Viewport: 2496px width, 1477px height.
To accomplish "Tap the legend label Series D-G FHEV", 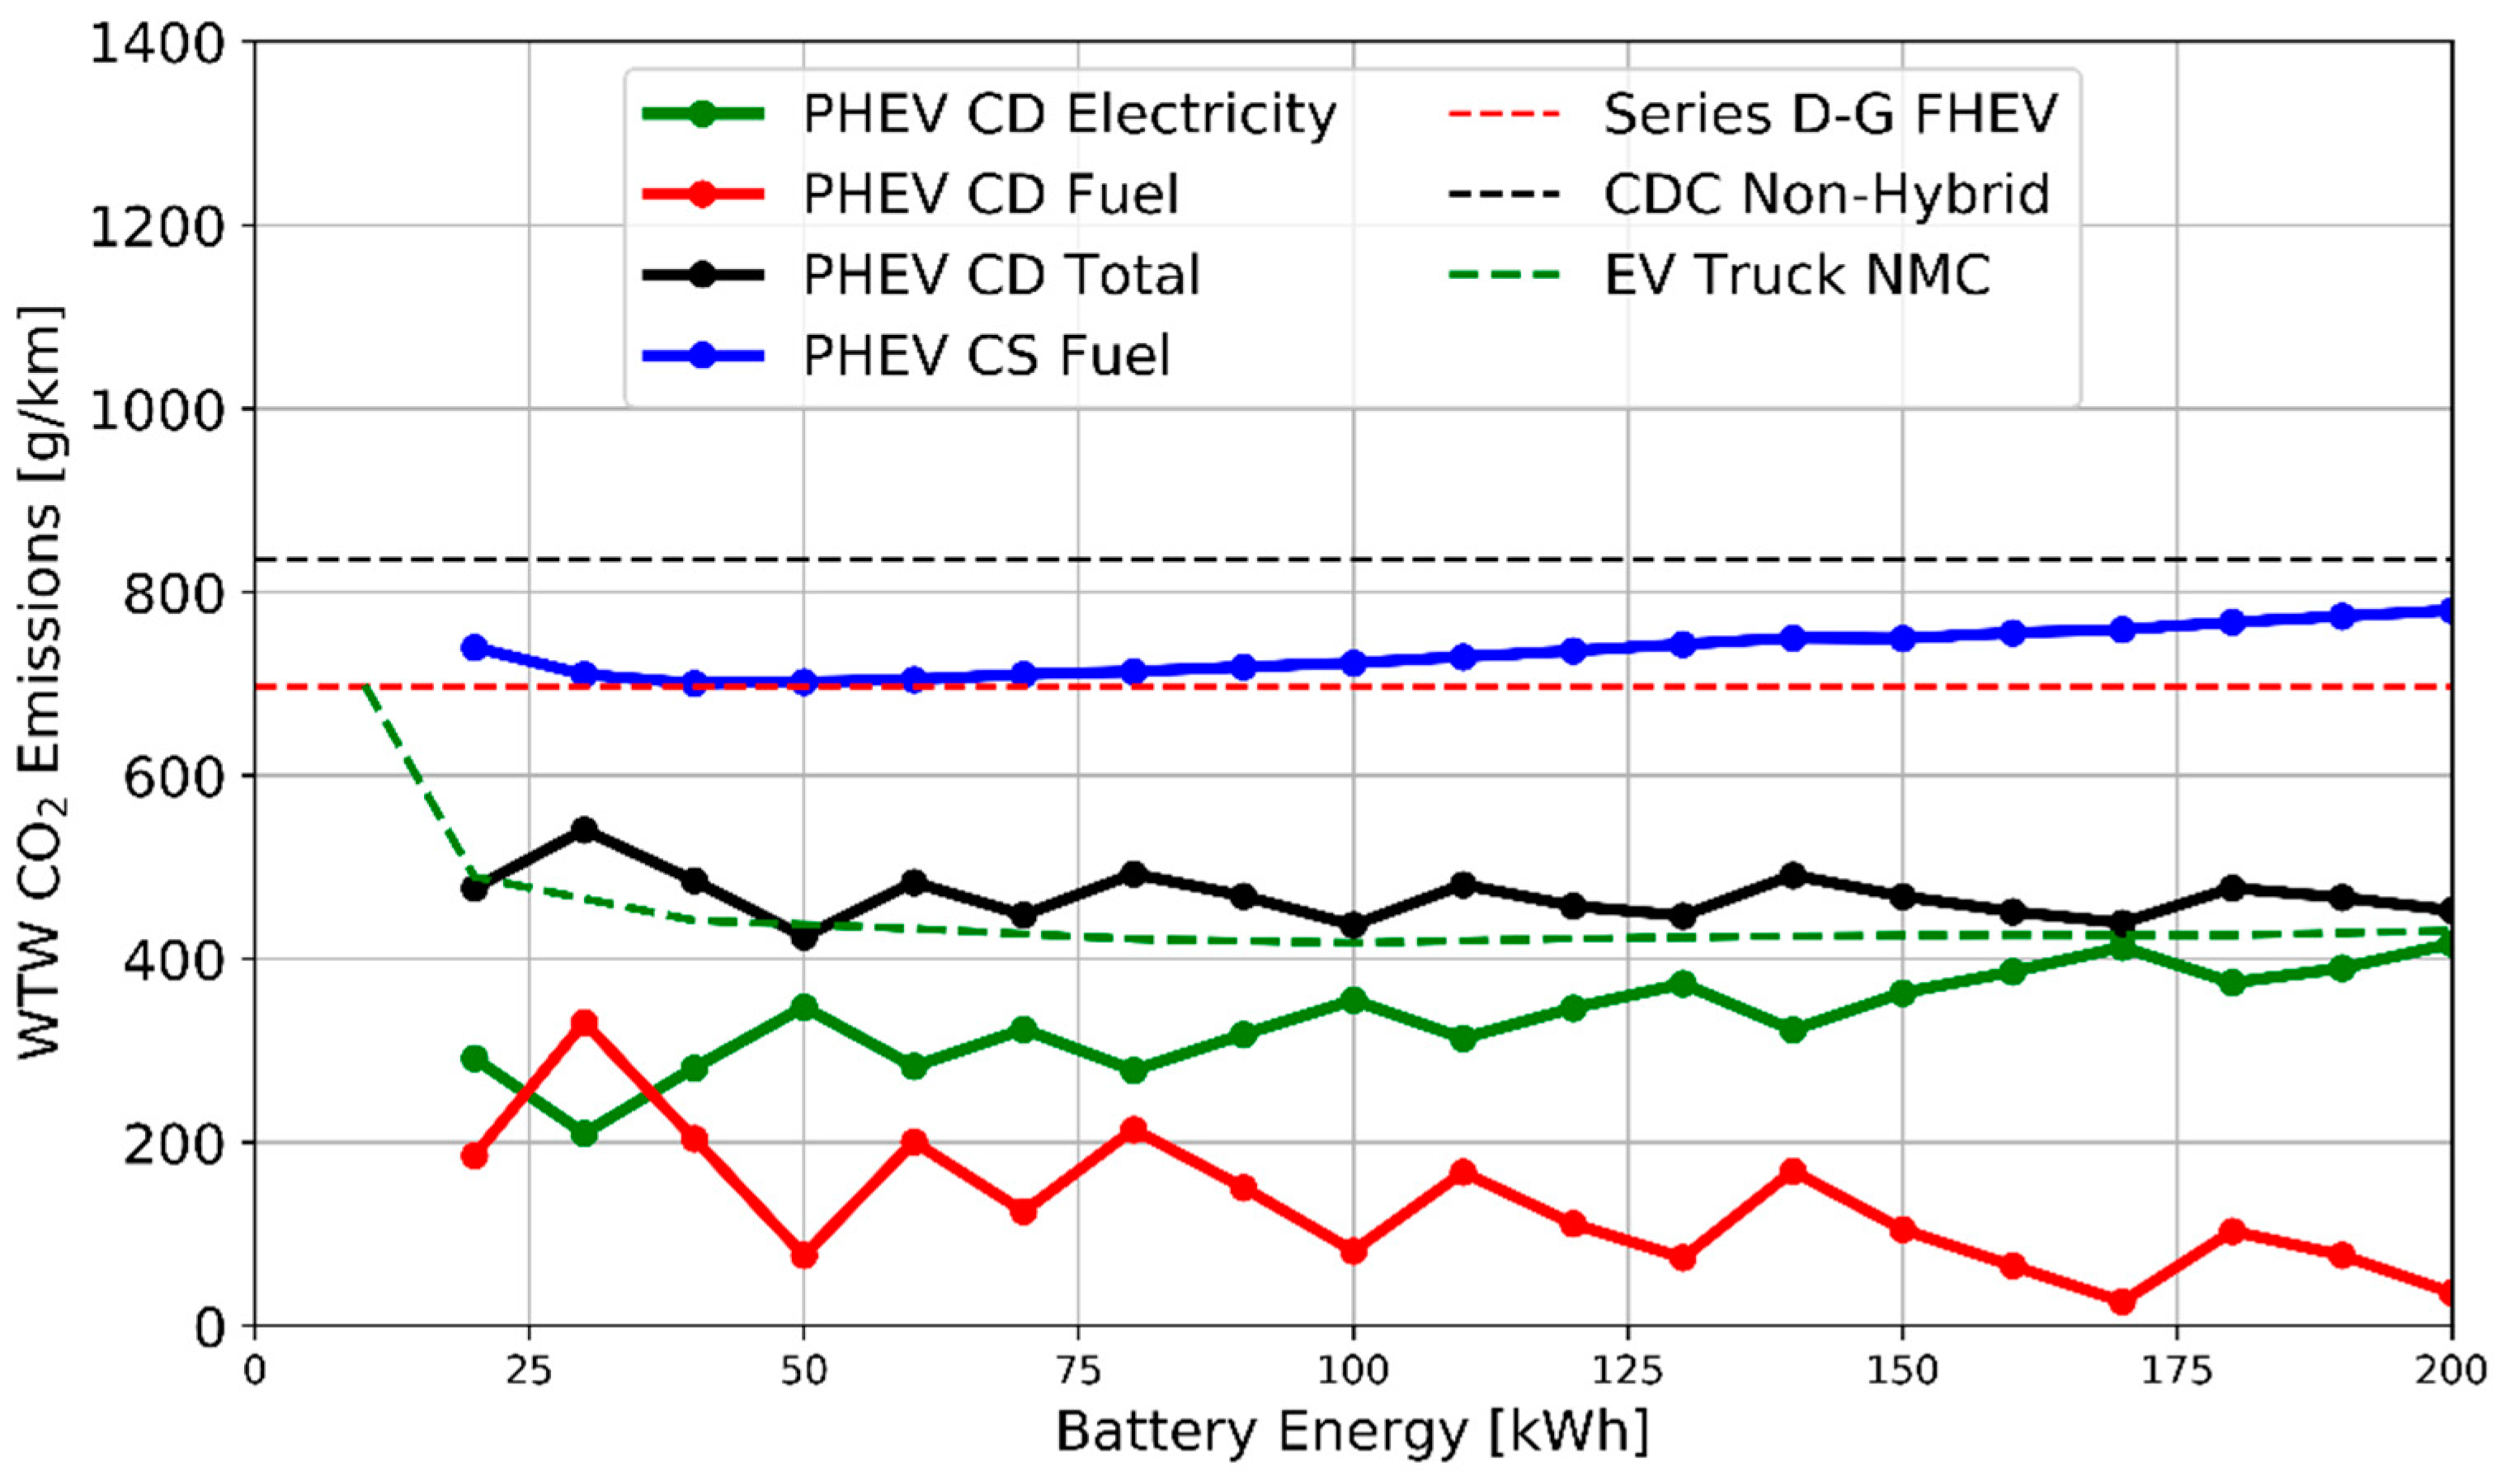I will point(1829,115).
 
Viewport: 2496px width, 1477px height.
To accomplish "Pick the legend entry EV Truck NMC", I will point(1796,275).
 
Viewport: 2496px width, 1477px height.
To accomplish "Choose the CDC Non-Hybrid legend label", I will point(1825,194).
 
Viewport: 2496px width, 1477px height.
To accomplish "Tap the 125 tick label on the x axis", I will point(1627,1371).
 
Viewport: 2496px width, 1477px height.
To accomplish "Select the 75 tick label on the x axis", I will point(1077,1371).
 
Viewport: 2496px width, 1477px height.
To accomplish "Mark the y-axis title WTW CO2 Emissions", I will point(42,682).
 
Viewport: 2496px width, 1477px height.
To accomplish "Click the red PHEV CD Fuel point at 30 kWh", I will point(585,1023).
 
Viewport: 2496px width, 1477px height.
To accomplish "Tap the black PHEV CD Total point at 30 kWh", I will point(585,829).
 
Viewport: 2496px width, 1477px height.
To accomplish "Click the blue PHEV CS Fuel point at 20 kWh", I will point(474,647).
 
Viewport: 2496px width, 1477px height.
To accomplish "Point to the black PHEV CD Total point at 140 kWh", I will point(1792,875).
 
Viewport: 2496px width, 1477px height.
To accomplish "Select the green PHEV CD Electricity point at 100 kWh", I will point(1353,1000).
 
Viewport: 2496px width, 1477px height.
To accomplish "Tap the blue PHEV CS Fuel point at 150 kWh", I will point(1902,638).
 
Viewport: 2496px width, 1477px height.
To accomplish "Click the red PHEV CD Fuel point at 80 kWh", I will point(1133,1130).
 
